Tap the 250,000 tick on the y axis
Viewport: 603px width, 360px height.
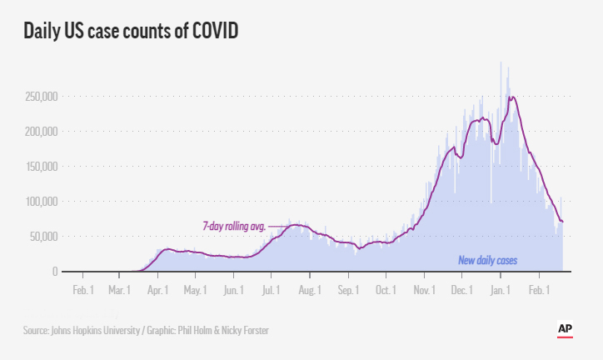click(40, 97)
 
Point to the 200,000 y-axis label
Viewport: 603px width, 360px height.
click(40, 132)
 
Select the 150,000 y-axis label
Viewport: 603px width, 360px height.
click(40, 167)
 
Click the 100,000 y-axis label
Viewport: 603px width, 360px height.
click(40, 202)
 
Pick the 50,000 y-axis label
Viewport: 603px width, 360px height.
click(42, 237)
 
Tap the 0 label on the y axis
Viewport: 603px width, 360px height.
click(55, 272)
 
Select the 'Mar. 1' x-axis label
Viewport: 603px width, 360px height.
click(119, 290)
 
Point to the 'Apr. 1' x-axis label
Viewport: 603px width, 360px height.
click(157, 290)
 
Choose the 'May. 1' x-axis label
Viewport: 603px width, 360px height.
click(195, 290)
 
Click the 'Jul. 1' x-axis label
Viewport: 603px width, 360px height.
click(271, 290)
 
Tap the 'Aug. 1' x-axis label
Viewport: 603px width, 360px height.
click(309, 290)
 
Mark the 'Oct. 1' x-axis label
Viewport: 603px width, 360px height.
click(385, 290)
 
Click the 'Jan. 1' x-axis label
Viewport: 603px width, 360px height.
click(500, 290)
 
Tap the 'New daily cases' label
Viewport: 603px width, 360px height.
click(488, 260)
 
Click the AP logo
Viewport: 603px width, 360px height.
click(566, 329)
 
